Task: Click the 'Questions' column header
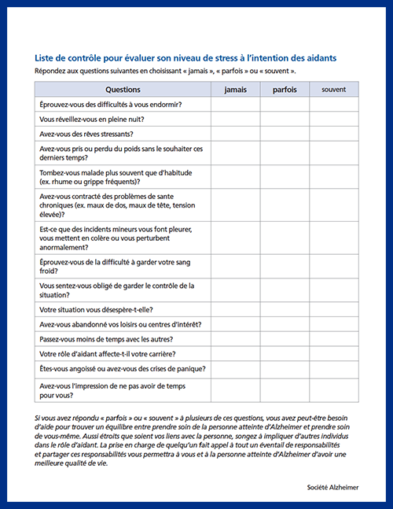[x=123, y=90]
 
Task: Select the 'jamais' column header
[x=235, y=90]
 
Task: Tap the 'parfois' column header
[x=285, y=90]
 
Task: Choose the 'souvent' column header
[x=333, y=90]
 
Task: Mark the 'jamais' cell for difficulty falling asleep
[x=235, y=105]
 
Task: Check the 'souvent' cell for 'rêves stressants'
[x=333, y=134]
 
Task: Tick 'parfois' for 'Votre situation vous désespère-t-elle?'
[x=285, y=309]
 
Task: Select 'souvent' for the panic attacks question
[x=333, y=368]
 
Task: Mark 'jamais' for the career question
[x=235, y=353]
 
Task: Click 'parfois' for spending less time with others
[x=285, y=338]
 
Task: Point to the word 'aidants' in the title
[x=321, y=58]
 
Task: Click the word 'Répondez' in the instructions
[x=52, y=71]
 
